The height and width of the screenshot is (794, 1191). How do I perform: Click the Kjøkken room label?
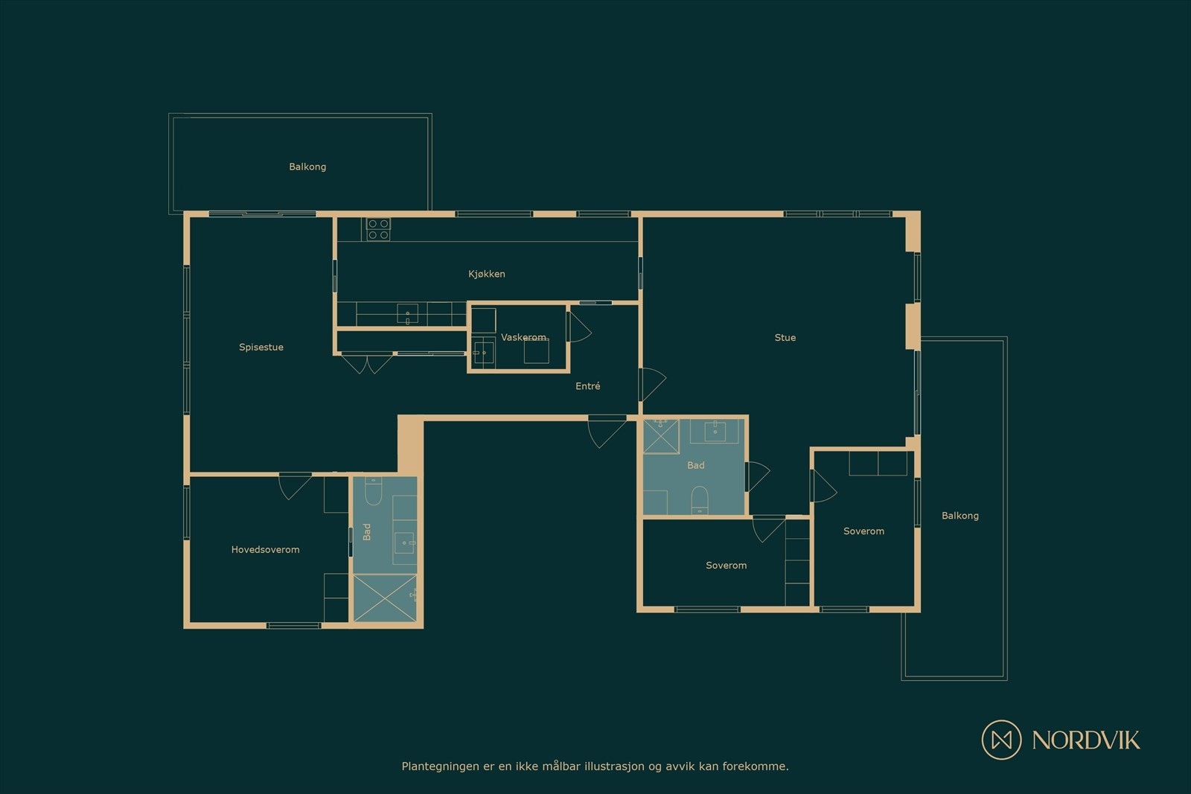click(x=486, y=274)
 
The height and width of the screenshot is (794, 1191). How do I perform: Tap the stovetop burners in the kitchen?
click(x=378, y=229)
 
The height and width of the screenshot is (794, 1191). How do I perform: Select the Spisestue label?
click(x=261, y=347)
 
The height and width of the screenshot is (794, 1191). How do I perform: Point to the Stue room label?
click(x=785, y=337)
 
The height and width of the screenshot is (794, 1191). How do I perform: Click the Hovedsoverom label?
click(x=265, y=549)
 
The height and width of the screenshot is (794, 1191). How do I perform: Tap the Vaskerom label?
click(x=523, y=337)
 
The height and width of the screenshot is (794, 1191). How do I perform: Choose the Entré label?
click(x=587, y=385)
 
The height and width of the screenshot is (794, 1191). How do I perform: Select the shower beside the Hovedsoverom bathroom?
click(x=385, y=598)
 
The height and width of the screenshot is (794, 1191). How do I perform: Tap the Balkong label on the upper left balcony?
click(x=307, y=167)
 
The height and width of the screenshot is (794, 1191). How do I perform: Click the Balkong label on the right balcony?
click(x=959, y=515)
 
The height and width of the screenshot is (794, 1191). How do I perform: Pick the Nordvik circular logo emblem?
click(x=1001, y=739)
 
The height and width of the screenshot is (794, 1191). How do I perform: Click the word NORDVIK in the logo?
click(x=1085, y=740)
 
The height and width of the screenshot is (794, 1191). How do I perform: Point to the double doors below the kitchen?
click(x=367, y=364)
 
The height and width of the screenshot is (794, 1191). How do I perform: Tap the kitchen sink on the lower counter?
click(x=407, y=314)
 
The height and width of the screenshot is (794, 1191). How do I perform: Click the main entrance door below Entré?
click(x=607, y=432)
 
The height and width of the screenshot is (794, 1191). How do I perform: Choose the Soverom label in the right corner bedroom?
click(x=863, y=531)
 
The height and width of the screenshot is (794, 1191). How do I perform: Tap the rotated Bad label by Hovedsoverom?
click(x=366, y=531)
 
